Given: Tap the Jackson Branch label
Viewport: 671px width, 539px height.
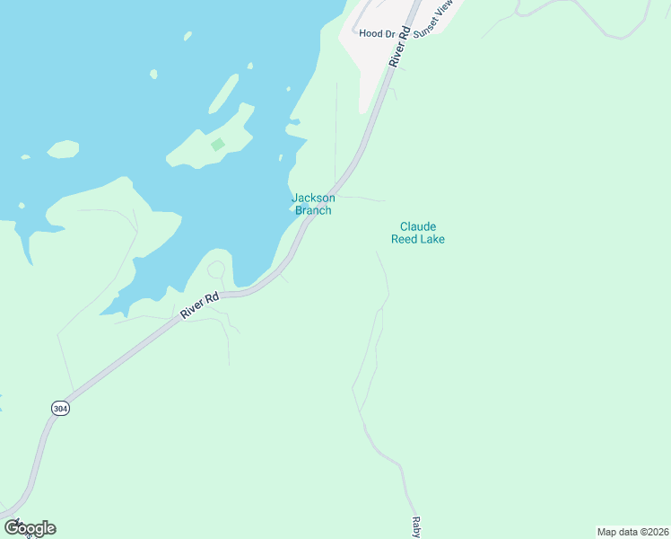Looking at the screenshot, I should [313, 204].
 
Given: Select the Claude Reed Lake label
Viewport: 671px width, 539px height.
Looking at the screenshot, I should [418, 233].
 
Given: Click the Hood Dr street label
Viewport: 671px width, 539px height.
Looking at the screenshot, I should [377, 33].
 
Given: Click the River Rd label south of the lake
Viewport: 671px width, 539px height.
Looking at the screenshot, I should [199, 305].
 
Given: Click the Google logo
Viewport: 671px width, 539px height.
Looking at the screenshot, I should [30, 528].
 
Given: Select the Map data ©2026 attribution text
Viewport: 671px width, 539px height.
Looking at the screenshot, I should [633, 531].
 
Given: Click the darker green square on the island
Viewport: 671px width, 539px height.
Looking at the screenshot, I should [217, 144].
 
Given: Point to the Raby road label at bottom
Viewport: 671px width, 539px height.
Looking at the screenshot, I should [416, 526].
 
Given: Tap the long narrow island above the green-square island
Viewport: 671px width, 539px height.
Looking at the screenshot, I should [224, 93].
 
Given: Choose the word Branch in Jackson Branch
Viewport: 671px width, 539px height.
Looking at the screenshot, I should [314, 210].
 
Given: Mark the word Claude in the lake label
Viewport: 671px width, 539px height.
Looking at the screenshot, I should [418, 226].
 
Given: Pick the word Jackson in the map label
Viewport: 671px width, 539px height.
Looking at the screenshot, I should [313, 198].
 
